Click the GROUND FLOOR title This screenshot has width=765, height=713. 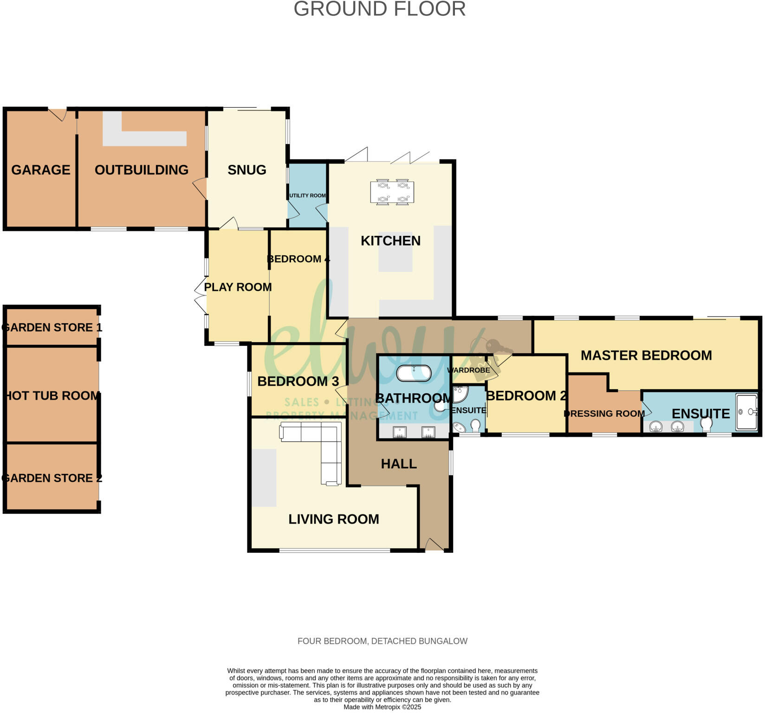[379, 9]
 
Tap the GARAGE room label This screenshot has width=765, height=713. [41, 170]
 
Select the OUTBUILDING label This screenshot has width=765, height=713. [142, 170]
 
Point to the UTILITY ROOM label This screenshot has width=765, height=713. [307, 195]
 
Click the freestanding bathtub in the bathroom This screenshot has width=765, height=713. [414, 373]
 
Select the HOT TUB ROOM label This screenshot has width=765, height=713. [52, 395]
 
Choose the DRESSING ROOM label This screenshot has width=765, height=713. [604, 414]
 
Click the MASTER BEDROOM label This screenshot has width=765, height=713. [646, 356]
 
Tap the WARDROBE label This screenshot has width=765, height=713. [468, 370]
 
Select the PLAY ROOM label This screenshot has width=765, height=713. [238, 287]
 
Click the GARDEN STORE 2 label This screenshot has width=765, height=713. [52, 478]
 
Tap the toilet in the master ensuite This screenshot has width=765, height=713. [706, 424]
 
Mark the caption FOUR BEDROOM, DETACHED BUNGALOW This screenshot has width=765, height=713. [382, 641]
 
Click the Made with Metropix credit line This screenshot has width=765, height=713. [382, 707]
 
